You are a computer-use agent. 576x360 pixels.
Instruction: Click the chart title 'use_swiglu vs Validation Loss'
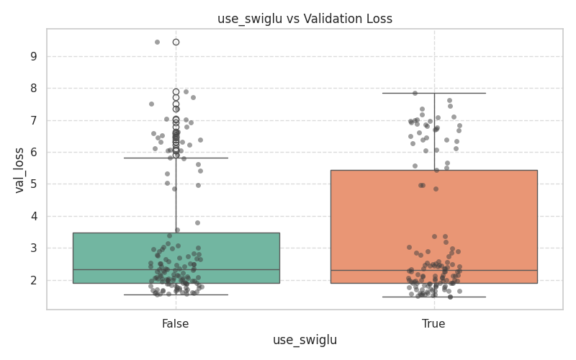(305, 19)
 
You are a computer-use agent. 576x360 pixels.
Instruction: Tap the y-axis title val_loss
(19, 170)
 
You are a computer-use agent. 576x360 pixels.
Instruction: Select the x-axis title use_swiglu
(305, 340)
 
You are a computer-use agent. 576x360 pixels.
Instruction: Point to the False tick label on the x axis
(176, 324)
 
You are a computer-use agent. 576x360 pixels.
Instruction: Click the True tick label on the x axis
(433, 324)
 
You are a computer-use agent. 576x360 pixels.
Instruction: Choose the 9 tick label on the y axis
(33, 56)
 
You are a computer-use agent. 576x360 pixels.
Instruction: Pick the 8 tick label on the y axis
(33, 89)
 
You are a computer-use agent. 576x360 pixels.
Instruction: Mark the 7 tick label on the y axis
(33, 120)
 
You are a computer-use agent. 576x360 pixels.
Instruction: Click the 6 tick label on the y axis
(33, 152)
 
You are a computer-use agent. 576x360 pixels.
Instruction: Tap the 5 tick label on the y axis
(33, 184)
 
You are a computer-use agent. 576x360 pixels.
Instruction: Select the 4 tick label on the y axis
(33, 216)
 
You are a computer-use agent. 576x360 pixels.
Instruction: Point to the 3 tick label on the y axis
(33, 248)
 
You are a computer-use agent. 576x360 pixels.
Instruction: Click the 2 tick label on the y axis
(33, 280)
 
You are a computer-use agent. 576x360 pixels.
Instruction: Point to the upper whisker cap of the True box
(433, 93)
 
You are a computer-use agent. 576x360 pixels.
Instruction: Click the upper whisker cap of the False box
(176, 158)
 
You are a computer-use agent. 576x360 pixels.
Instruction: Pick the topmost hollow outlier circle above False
(176, 42)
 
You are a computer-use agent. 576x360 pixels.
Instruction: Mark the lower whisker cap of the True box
(433, 297)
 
